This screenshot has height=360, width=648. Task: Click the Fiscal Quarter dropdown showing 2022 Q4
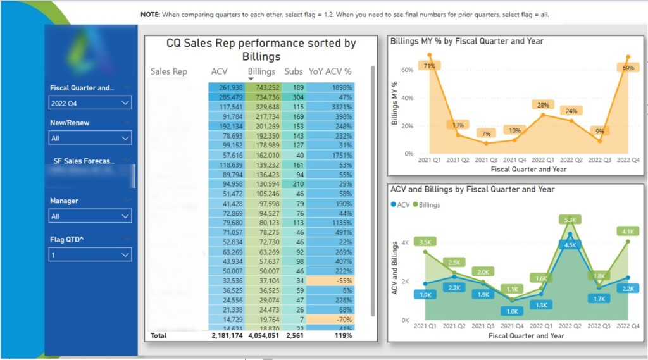90,102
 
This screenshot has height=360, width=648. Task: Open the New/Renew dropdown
90,137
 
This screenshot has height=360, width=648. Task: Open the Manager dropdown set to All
90,216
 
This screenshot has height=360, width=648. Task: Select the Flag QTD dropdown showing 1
90,254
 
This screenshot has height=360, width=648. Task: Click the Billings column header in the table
261,71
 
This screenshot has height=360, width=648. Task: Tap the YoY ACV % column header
330,71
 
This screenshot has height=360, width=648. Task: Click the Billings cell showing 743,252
264,87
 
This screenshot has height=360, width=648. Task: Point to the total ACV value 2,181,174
227,335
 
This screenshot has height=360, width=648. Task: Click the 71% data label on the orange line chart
430,66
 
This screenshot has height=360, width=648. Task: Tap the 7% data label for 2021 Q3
485,133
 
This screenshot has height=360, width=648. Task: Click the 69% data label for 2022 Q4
628,68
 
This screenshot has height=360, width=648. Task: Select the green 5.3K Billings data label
569,220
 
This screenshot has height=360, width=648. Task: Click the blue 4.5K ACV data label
569,245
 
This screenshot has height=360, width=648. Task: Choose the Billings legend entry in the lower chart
429,204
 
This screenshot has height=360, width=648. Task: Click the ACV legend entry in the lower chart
402,204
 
